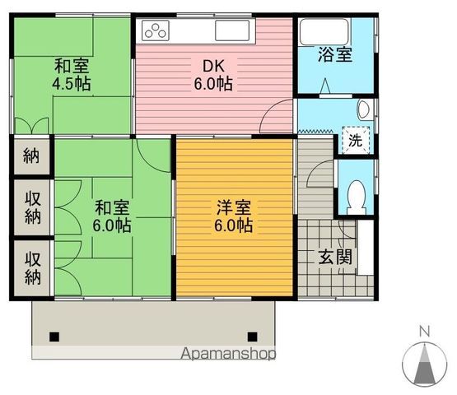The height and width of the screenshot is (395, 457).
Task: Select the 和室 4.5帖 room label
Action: pyautogui.click(x=72, y=75)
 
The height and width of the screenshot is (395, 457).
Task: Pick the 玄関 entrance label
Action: pyautogui.click(x=336, y=255)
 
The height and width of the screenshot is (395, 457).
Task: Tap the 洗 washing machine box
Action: pyautogui.click(x=355, y=140)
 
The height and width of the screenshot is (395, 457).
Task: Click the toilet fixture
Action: pyautogui.click(x=357, y=196)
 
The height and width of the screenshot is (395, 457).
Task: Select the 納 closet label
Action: pyautogui.click(x=31, y=156)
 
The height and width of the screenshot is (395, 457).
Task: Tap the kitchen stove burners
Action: pyautogui.click(x=156, y=32)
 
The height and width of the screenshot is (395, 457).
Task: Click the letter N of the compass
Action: pyautogui.click(x=425, y=331)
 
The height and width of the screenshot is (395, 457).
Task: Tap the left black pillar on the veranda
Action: pyautogui.click(x=54, y=336)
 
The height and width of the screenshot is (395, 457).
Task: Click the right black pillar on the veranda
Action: pyautogui.click(x=252, y=336)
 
